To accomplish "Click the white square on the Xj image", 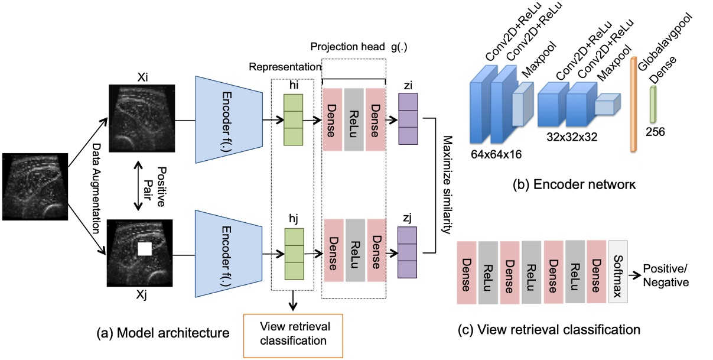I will tap(144, 249).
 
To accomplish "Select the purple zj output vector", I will tap(407, 252).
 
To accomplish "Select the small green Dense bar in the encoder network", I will tap(654, 105).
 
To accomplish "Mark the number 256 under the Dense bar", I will tap(655, 132).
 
